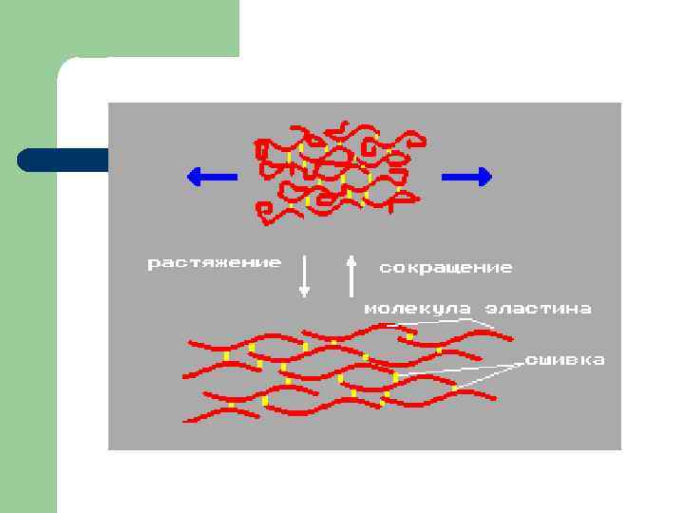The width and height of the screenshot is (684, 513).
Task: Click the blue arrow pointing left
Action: click(x=211, y=175)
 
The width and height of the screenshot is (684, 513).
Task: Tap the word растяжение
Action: click(x=214, y=262)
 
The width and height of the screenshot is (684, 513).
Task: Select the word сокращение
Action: click(x=446, y=268)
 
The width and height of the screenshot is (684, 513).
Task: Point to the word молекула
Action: click(x=418, y=309)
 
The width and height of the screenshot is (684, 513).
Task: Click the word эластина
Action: click(x=539, y=309)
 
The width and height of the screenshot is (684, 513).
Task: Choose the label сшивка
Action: click(x=565, y=360)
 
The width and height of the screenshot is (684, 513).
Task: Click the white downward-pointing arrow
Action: click(x=305, y=275)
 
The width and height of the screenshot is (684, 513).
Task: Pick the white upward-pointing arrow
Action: click(x=351, y=275)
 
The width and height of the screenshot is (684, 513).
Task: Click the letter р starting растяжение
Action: click(x=152, y=263)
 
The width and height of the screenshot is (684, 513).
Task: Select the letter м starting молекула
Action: click(x=371, y=309)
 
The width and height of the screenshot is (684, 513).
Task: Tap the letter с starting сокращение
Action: click(x=385, y=268)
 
